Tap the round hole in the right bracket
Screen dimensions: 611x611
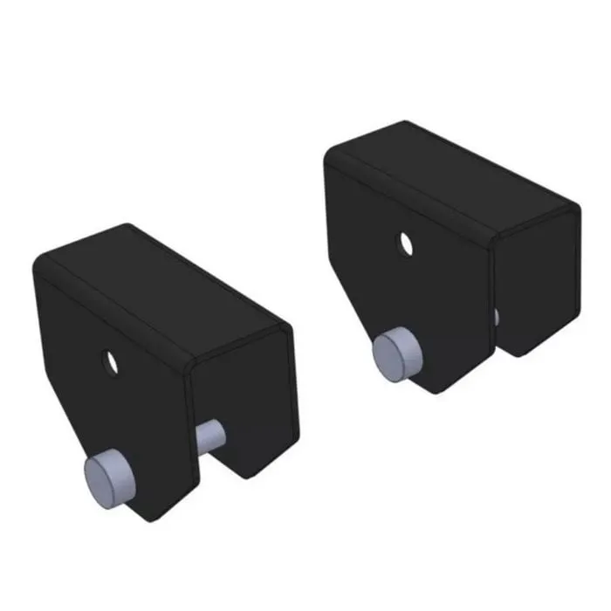(x=405, y=242)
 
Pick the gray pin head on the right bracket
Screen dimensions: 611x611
(x=397, y=353)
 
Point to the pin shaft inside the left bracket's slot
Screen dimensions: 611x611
(x=210, y=436)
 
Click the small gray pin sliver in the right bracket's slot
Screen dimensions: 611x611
(x=496, y=316)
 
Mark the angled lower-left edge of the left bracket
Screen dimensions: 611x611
(x=70, y=428)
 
